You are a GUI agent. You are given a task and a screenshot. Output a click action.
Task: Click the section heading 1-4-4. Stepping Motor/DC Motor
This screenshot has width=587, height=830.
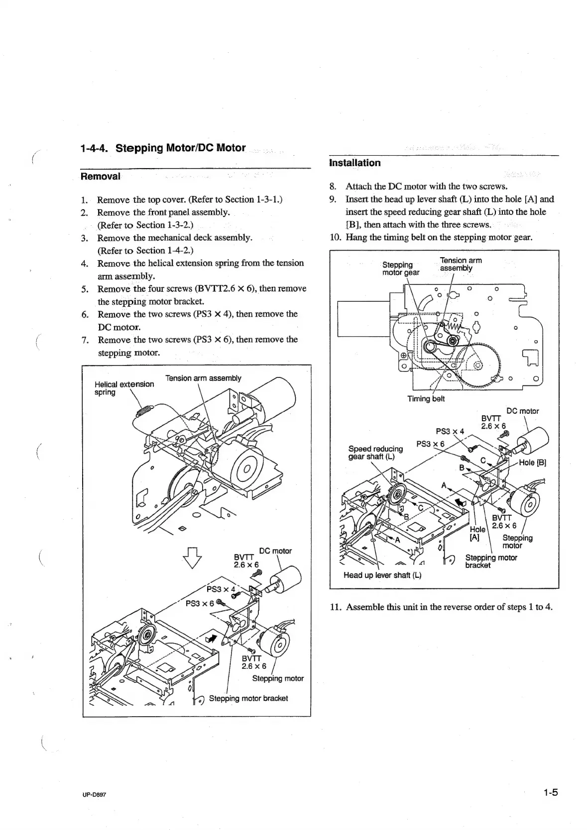point(163,148)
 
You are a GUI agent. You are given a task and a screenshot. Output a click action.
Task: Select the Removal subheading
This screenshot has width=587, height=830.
point(100,176)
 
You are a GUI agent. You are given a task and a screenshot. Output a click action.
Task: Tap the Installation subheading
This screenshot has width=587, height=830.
point(355,163)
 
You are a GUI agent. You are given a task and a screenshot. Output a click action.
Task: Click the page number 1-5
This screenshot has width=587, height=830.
point(550,793)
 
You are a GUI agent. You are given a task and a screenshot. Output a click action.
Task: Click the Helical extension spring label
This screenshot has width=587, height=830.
point(124,388)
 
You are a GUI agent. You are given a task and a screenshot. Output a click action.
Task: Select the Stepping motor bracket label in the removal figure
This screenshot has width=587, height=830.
point(248,698)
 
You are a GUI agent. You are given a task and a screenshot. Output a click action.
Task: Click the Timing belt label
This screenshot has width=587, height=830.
point(426,399)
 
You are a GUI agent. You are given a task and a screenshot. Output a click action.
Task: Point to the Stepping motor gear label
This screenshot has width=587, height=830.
point(400,269)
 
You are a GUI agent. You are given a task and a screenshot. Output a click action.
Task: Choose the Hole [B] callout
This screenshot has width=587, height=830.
point(532,462)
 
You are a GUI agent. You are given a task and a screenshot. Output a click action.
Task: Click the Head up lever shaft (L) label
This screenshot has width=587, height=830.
point(382,575)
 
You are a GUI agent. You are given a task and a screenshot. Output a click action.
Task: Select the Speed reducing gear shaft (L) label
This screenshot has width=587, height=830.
point(375,453)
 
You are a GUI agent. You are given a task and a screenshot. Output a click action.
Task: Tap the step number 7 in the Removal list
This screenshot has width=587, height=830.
point(85,340)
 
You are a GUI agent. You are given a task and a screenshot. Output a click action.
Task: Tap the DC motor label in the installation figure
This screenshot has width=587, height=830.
point(522,411)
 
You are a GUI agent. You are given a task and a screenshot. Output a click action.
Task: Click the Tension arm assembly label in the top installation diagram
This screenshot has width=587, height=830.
point(461,264)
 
